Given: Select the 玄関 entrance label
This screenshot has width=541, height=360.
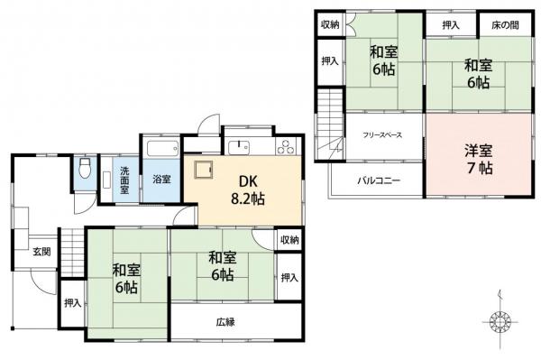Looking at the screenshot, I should [x=41, y=250].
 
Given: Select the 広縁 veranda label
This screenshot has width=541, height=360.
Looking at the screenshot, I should [x=225, y=322].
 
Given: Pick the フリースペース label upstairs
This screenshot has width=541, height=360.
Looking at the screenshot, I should [x=382, y=134].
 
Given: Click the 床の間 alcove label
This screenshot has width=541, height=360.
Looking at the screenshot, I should [x=505, y=24].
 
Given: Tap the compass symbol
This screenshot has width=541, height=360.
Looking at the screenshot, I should [x=499, y=320].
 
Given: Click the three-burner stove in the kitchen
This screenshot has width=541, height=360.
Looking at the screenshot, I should [x=286, y=146].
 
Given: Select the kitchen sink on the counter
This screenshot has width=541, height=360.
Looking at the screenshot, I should [x=239, y=147].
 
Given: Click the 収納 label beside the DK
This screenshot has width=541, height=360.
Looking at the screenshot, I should [x=289, y=239].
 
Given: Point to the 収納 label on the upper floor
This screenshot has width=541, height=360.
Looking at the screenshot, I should [x=329, y=24].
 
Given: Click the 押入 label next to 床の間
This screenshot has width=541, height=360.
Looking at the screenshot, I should [x=451, y=24].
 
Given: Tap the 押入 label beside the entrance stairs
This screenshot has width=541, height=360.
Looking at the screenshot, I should [x=72, y=304].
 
